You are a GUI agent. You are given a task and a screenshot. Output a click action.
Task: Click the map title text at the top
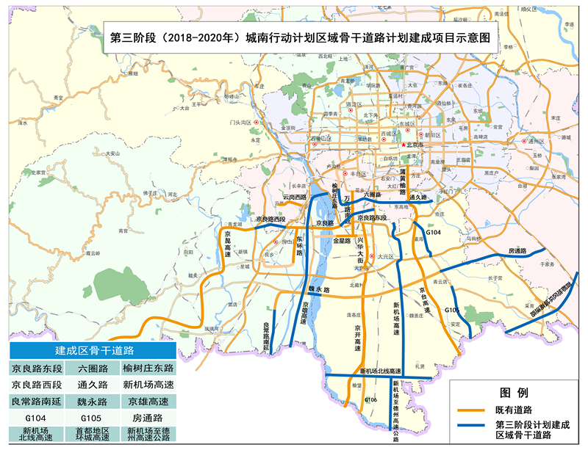tap(299, 36)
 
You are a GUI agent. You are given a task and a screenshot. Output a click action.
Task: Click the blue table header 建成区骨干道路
tap(93, 349)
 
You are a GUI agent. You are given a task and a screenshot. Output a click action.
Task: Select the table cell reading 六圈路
tap(93, 368)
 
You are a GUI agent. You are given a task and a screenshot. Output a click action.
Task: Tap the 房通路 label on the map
tap(519, 252)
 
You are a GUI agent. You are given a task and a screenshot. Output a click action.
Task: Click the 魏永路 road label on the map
tap(320, 291)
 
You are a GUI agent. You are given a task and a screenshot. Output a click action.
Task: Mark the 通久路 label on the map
tap(419, 198)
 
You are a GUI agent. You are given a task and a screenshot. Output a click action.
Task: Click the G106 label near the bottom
tap(371, 399)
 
